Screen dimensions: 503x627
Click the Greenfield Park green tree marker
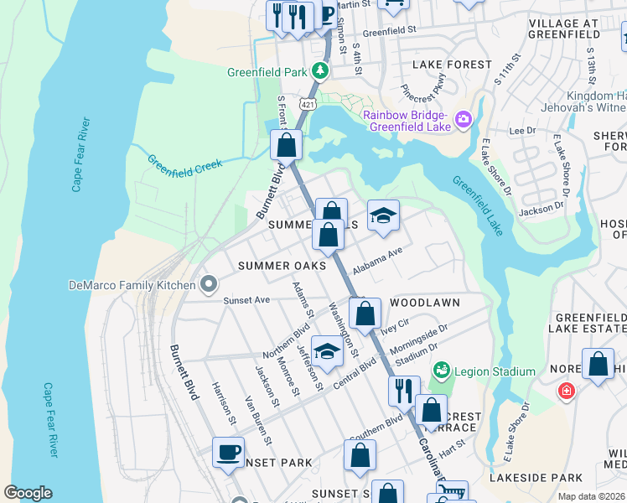coord(319,71)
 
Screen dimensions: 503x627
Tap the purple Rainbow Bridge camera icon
coord(463,122)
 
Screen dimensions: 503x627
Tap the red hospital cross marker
coord(567,392)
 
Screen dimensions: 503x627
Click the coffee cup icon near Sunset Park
coord(227,452)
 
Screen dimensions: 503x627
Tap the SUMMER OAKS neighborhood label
coord(281,266)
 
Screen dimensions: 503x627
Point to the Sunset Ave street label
coord(246,299)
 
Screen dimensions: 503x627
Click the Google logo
coord(28,492)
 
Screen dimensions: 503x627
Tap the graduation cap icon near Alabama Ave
coord(383,216)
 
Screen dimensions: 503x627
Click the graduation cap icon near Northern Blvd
coord(328,350)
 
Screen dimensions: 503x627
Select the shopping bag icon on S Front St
coord(287,145)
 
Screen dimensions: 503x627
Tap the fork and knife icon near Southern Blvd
coord(403,390)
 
